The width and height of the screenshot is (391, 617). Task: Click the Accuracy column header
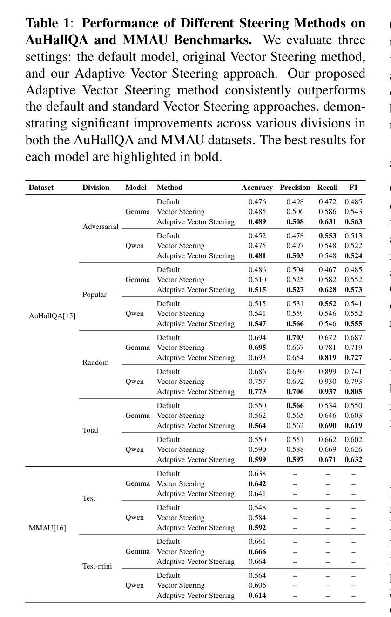point(257,188)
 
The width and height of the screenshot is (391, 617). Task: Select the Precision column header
point(295,188)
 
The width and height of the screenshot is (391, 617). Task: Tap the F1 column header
point(353,188)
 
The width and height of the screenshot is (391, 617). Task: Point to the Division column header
point(96,188)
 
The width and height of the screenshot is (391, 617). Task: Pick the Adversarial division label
point(101,227)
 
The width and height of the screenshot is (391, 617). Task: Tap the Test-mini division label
point(97,566)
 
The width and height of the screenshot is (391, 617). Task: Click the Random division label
point(95,362)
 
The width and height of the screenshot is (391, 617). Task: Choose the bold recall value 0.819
point(327,358)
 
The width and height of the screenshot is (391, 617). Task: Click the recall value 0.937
point(327,392)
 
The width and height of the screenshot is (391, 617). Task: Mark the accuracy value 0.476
point(257,202)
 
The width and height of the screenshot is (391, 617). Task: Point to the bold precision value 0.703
point(295,338)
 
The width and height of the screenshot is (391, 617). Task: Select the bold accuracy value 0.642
point(257,484)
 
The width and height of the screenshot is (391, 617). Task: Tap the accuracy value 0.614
point(257,596)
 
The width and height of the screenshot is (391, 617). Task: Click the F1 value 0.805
point(353,392)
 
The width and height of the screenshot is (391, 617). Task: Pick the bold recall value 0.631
point(327,222)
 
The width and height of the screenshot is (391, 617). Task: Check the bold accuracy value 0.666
point(257,552)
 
